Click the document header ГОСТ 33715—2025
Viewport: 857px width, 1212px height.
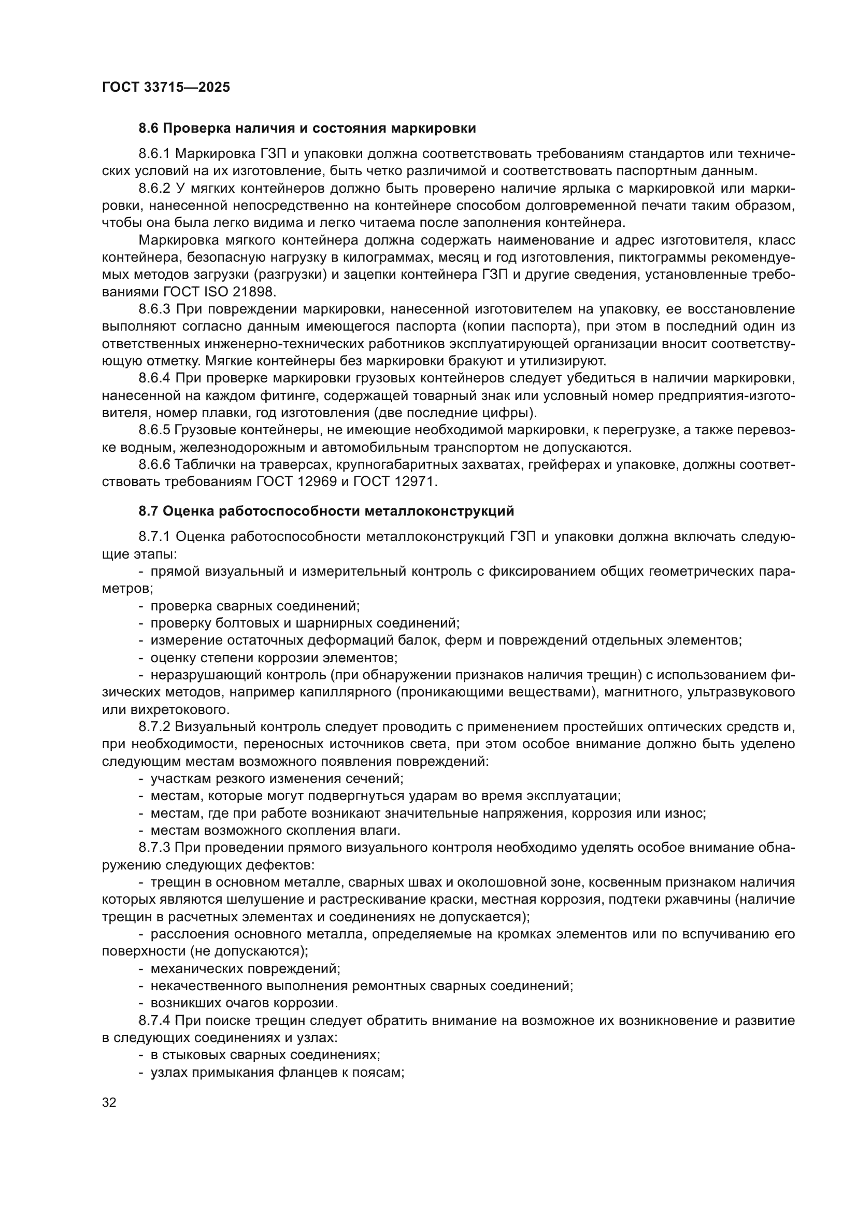(x=166, y=88)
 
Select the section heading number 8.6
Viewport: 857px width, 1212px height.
(x=149, y=129)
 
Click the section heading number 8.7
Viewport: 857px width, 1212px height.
(x=149, y=511)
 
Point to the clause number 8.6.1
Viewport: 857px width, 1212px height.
(x=154, y=153)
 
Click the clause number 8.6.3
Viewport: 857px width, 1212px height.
(x=154, y=309)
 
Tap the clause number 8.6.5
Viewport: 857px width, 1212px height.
(x=154, y=430)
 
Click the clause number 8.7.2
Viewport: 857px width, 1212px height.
(x=154, y=727)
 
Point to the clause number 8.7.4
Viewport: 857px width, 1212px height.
(x=154, y=1020)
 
